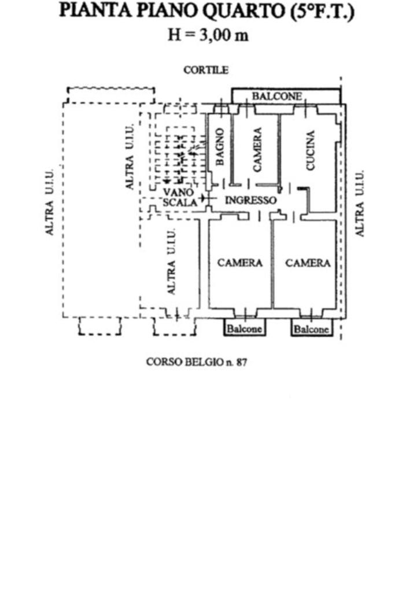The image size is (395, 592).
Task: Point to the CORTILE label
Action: tap(206, 70)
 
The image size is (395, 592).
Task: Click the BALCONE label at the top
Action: tap(276, 96)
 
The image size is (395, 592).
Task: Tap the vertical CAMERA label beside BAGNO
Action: tap(257, 149)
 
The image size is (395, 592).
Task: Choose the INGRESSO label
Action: tap(250, 201)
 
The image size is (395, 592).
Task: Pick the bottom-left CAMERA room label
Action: tap(240, 263)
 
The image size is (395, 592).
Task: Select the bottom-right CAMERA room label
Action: tap(308, 263)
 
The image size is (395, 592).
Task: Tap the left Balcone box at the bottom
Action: tap(244, 329)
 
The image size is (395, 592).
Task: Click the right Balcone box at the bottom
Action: tap(311, 329)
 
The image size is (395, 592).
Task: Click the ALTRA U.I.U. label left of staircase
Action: tap(131, 157)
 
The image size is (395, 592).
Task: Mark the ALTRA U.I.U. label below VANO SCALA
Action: tap(171, 261)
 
